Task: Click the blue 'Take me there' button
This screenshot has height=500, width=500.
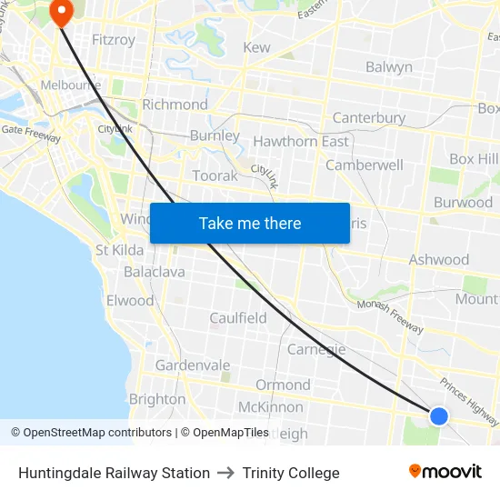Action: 250,223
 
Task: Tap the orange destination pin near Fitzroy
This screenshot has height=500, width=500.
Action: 62,14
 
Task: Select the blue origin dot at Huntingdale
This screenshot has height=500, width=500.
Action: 438,415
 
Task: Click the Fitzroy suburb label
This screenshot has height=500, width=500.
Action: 114,40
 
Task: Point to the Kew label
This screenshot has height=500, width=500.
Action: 256,47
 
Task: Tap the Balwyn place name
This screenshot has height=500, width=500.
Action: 388,66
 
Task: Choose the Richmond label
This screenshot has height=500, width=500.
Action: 175,105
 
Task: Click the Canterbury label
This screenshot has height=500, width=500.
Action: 368,118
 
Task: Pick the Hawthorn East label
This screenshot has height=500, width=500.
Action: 300,142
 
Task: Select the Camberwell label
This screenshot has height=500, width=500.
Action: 364,165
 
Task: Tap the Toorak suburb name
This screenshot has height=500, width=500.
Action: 215,175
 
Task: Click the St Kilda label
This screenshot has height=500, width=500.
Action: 119,250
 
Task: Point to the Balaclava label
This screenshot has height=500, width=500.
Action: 154,272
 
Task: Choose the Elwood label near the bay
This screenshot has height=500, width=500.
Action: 130,301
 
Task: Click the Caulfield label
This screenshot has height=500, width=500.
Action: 238,318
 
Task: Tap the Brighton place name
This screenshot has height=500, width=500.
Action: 157,399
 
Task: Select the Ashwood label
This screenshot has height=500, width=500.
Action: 438,260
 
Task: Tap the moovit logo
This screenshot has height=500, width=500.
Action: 445,472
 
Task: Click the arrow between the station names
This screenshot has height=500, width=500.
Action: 226,473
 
